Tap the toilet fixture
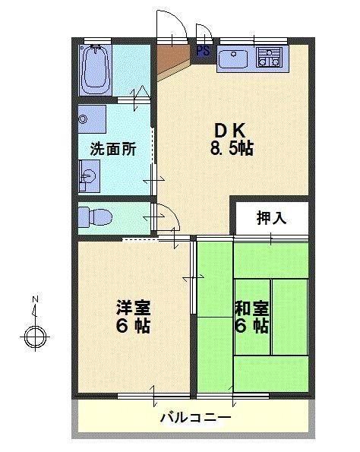pyautogui.click(x=94, y=216)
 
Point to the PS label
pyautogui.click(x=203, y=51)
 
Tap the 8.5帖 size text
pyautogui.click(x=232, y=149)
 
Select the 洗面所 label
pyautogui.click(x=113, y=150)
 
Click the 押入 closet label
pyautogui.click(x=271, y=218)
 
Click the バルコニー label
pyautogui.click(x=195, y=418)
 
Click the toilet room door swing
pyautogui.click(x=167, y=218)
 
